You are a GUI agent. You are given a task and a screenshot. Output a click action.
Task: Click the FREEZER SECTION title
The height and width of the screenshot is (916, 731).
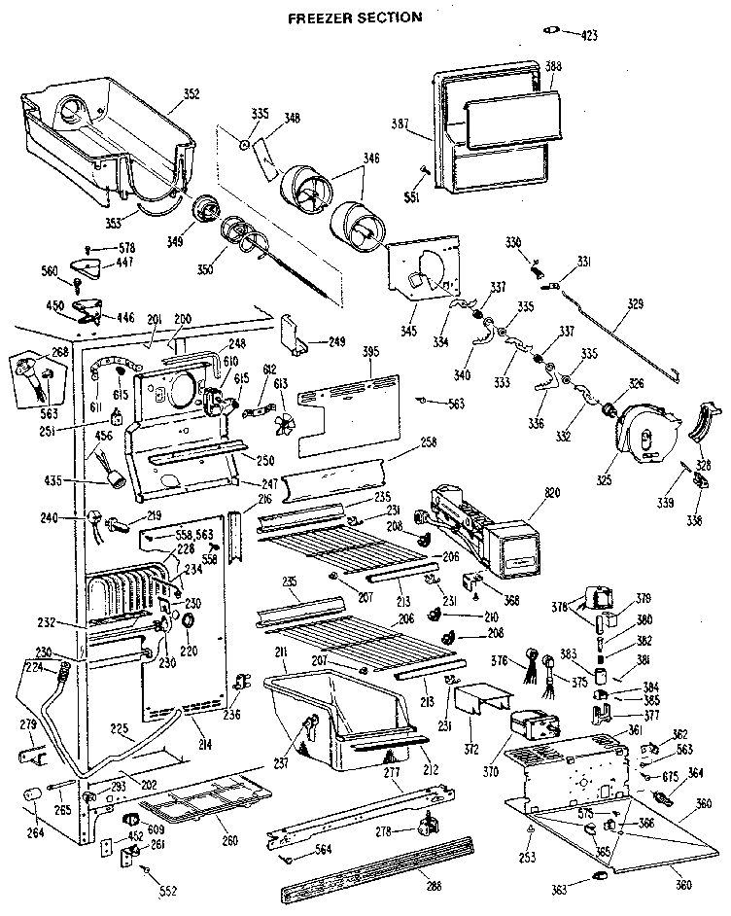[x=355, y=17]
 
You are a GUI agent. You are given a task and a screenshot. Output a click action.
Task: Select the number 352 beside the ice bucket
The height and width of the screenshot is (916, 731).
[x=191, y=94]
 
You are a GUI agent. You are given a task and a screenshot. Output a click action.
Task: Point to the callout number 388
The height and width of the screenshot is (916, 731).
[x=554, y=66]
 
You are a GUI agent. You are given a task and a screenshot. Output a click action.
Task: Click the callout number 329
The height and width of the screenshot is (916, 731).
[x=635, y=303]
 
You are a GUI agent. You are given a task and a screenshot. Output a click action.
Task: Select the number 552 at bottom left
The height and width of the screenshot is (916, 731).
[x=168, y=891]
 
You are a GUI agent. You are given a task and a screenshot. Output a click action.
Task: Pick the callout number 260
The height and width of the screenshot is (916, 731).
[x=229, y=841]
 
